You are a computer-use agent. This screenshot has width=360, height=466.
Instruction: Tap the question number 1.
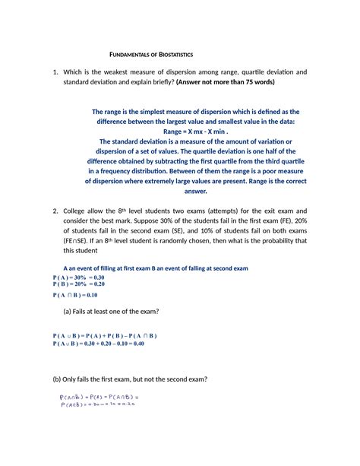click(55, 72)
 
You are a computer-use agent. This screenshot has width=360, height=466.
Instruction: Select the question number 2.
click(55, 210)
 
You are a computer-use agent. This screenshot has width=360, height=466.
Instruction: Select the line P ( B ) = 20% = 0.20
click(84, 284)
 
